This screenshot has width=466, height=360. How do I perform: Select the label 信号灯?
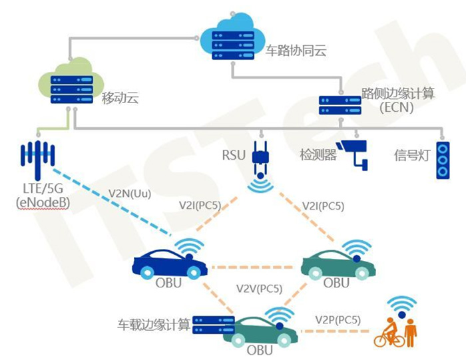click(x=411, y=156)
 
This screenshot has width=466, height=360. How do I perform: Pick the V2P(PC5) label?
click(x=338, y=320)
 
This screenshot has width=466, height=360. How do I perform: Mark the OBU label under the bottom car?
click(x=260, y=349)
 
